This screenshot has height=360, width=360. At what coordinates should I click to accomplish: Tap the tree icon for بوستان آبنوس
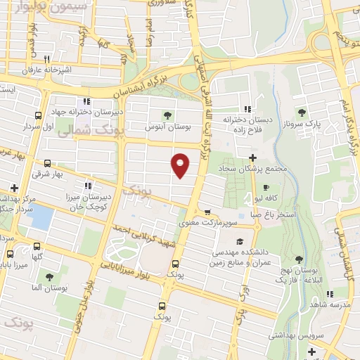click(x=167, y=115)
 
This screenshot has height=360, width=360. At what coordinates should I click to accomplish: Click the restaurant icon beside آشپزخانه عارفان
click(x=46, y=59)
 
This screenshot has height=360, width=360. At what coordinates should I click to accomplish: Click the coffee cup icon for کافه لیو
click(x=266, y=188)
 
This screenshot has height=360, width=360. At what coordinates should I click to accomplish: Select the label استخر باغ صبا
click(x=276, y=212)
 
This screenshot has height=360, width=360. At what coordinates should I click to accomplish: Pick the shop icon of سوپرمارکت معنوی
click(x=207, y=212)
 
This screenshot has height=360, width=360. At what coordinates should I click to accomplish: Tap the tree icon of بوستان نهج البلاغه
click(x=299, y=259)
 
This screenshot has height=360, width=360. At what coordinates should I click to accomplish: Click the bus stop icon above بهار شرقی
click(x=46, y=163)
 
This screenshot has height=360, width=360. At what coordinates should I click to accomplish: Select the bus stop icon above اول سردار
click(x=37, y=116)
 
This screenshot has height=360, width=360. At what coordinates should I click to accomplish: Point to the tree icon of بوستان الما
click(x=49, y=277)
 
